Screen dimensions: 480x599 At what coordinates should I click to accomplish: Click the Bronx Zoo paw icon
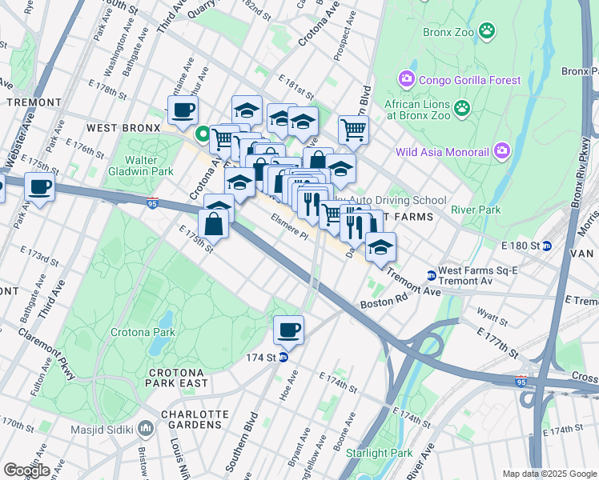click(486, 31)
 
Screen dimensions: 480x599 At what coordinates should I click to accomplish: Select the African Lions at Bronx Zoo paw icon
click(461, 107)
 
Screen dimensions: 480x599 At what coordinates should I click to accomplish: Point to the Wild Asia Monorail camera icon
click(502, 150)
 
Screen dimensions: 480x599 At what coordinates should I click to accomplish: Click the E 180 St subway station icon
click(548, 246)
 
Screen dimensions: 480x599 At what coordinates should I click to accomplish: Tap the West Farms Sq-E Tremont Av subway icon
click(431, 275)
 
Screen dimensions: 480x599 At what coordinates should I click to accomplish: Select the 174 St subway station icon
click(283, 357)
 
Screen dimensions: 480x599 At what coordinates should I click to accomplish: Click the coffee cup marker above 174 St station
click(288, 329)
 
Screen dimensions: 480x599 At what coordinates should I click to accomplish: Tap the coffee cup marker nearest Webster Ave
click(39, 188)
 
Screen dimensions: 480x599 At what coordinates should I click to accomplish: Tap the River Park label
click(475, 210)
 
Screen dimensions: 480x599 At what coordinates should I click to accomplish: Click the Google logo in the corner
click(26, 470)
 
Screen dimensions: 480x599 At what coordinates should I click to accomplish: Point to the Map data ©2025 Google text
click(549, 474)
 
